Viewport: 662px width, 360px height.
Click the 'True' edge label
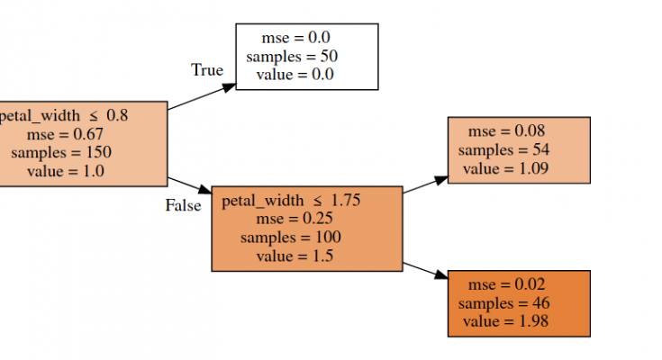coord(206,70)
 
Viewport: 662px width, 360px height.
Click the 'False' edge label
coord(183,205)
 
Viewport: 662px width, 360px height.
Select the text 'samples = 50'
coord(292,56)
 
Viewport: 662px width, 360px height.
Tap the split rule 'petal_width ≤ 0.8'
coord(63,115)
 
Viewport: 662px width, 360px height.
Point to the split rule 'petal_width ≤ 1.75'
coord(291,201)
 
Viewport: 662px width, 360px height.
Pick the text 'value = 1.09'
coord(505,168)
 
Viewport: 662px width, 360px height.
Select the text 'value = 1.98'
coord(505,321)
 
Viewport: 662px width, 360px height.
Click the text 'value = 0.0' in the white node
coord(295,75)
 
